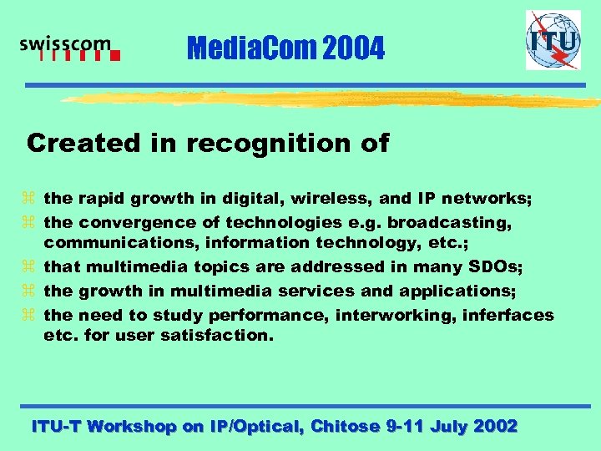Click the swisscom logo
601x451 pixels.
pyautogui.click(x=70, y=49)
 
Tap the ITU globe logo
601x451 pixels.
pyautogui.click(x=553, y=40)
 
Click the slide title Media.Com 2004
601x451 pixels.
pyautogui.click(x=286, y=50)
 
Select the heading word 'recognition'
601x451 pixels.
pyautogui.click(x=270, y=144)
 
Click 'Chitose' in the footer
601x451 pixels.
pyautogui.click(x=344, y=426)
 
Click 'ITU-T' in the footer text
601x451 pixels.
pyautogui.click(x=56, y=426)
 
